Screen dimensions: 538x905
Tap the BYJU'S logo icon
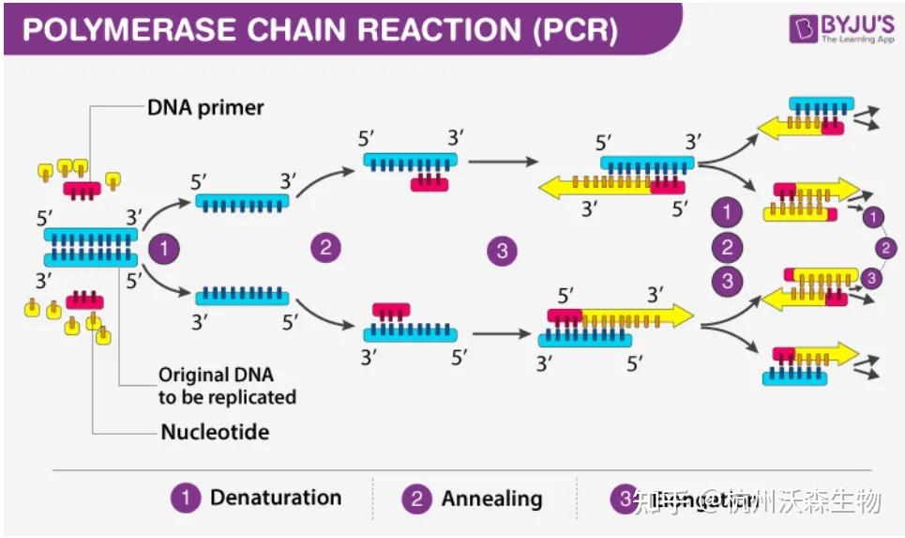[802, 27]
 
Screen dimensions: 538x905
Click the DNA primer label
[205, 107]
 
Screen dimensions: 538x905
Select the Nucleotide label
[215, 433]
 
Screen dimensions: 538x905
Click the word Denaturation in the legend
[275, 498]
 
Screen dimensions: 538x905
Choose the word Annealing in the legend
[491, 499]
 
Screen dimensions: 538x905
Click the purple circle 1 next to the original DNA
[165, 250]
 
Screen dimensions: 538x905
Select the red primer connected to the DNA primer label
[83, 189]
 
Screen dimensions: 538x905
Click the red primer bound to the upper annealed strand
[430, 182]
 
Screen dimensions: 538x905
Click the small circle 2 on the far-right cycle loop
[882, 248]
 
